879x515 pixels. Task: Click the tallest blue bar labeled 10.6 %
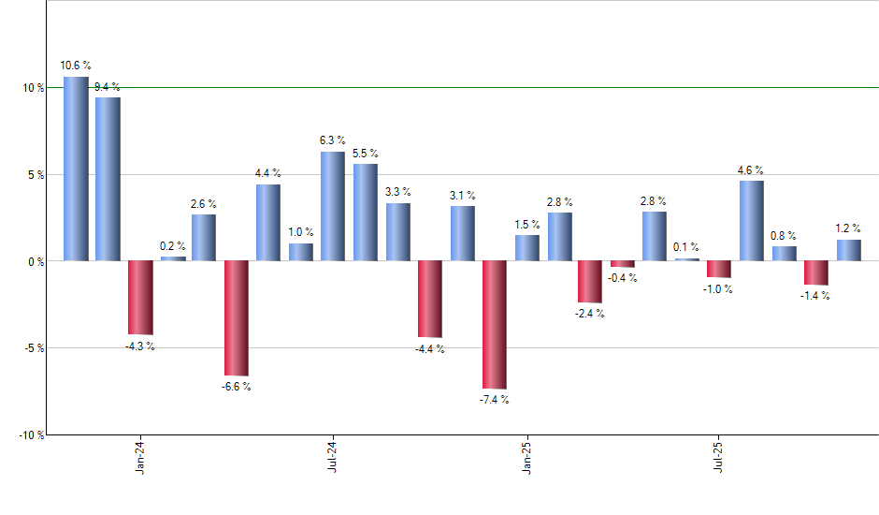coord(76,169)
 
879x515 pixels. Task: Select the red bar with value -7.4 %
coord(494,324)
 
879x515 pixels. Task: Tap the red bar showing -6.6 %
coord(236,318)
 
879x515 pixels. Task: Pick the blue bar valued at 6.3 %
coord(333,206)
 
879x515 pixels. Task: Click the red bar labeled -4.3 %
coord(140,298)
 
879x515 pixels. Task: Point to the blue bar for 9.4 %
coord(108,179)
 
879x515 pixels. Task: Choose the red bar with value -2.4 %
coord(590,282)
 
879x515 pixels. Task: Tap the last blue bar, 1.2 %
coord(848,250)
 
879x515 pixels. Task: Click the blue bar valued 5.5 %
coord(365,213)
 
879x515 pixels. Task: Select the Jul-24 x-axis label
coord(333,458)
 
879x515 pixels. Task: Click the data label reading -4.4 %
coord(429,349)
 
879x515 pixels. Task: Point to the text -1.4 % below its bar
coord(815,296)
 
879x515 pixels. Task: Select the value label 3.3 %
coord(397,191)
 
